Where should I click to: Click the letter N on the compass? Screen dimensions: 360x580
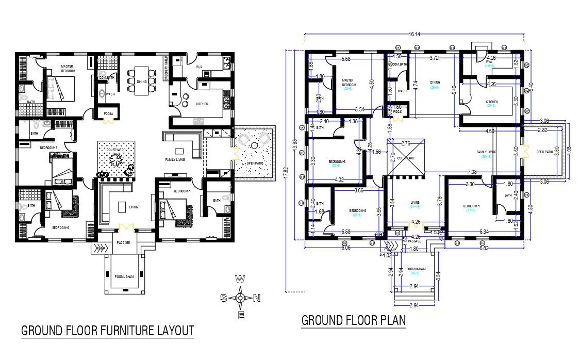(x=256, y=298)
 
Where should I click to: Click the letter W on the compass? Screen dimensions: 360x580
(x=240, y=280)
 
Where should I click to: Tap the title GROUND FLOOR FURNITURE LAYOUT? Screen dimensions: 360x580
(x=107, y=330)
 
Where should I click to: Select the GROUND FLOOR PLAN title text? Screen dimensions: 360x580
(x=353, y=320)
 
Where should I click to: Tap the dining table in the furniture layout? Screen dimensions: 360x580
(x=142, y=81)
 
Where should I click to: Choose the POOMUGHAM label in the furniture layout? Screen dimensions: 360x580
(x=123, y=276)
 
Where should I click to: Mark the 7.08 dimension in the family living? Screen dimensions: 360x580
(x=471, y=171)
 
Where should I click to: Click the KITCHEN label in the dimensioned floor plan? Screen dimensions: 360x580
(x=492, y=102)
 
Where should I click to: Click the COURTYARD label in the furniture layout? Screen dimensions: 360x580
(x=115, y=150)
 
